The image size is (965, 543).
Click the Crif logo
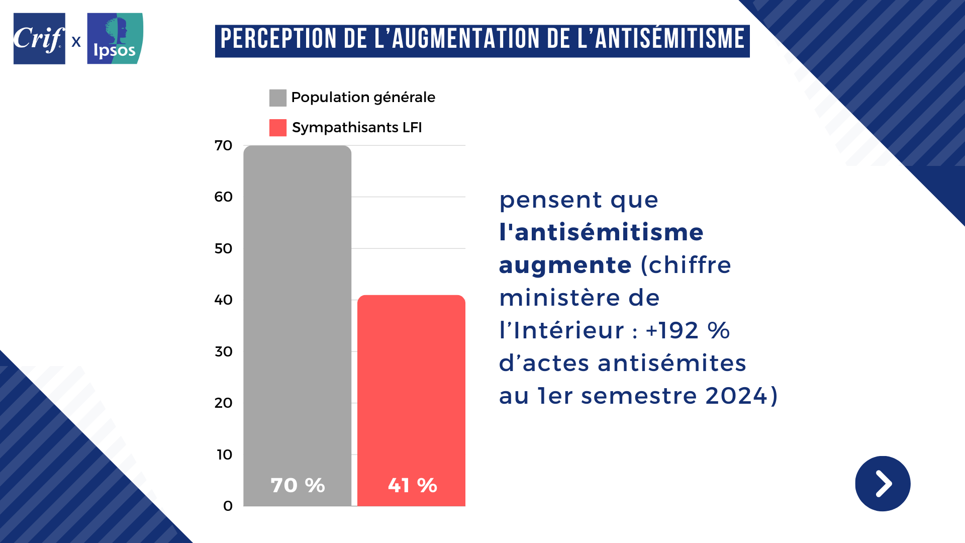39,39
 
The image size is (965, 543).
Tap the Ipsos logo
115,39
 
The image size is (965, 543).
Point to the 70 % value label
298,486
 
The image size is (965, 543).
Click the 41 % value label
412,486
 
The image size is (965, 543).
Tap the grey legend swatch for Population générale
277,98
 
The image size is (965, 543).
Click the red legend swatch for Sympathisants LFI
277,128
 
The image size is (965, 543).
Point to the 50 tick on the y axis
223,249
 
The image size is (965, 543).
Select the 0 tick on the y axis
228,506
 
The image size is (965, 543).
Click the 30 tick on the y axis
223,352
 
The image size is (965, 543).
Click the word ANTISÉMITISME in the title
669,40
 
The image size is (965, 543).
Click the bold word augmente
565,265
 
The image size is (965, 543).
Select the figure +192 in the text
672,331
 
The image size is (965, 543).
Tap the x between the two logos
76,42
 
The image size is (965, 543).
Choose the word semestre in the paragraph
639,396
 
